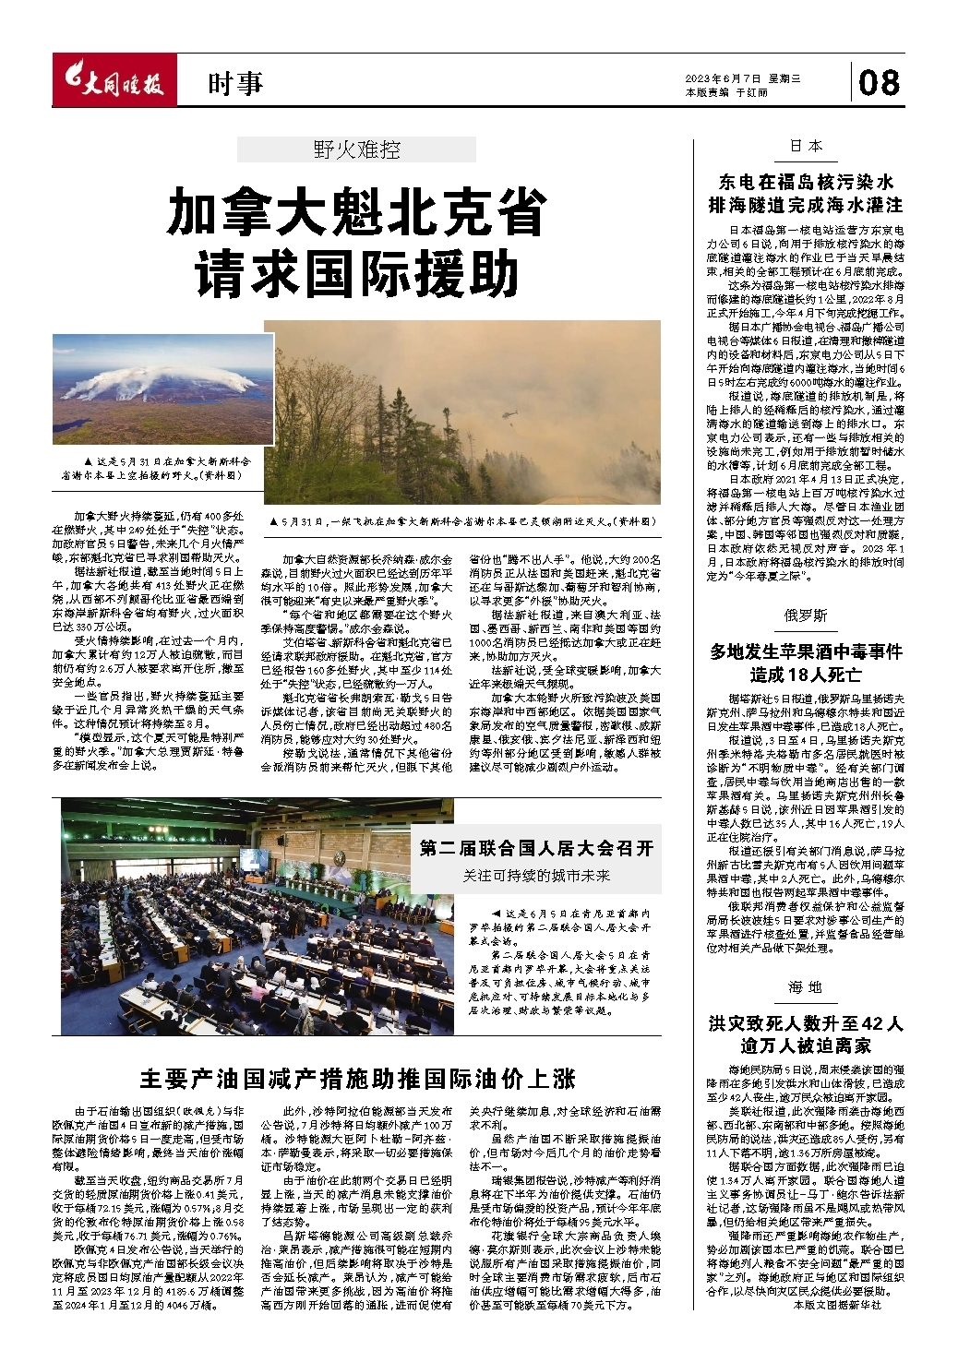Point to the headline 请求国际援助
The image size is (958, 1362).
[356, 273]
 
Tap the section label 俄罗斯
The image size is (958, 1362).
[806, 615]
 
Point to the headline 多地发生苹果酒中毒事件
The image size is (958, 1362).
[806, 652]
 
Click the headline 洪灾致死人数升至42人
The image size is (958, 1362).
[806, 1023]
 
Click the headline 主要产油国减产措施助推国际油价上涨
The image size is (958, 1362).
[357, 1078]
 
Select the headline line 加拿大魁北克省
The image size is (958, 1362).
[356, 213]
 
